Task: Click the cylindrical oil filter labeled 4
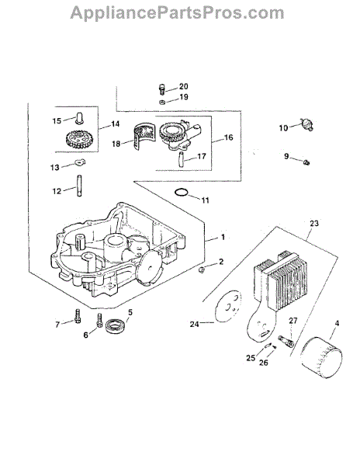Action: (x=321, y=357)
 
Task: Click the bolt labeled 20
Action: (x=161, y=89)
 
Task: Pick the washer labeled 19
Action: (x=162, y=102)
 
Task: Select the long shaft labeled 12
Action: (x=80, y=186)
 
